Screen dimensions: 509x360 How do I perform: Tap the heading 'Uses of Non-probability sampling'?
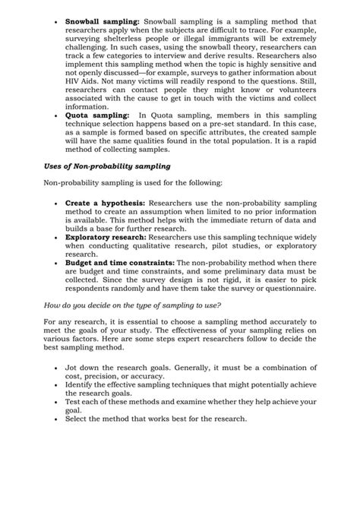coord(107,166)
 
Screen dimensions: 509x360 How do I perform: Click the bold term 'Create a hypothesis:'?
coord(105,204)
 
